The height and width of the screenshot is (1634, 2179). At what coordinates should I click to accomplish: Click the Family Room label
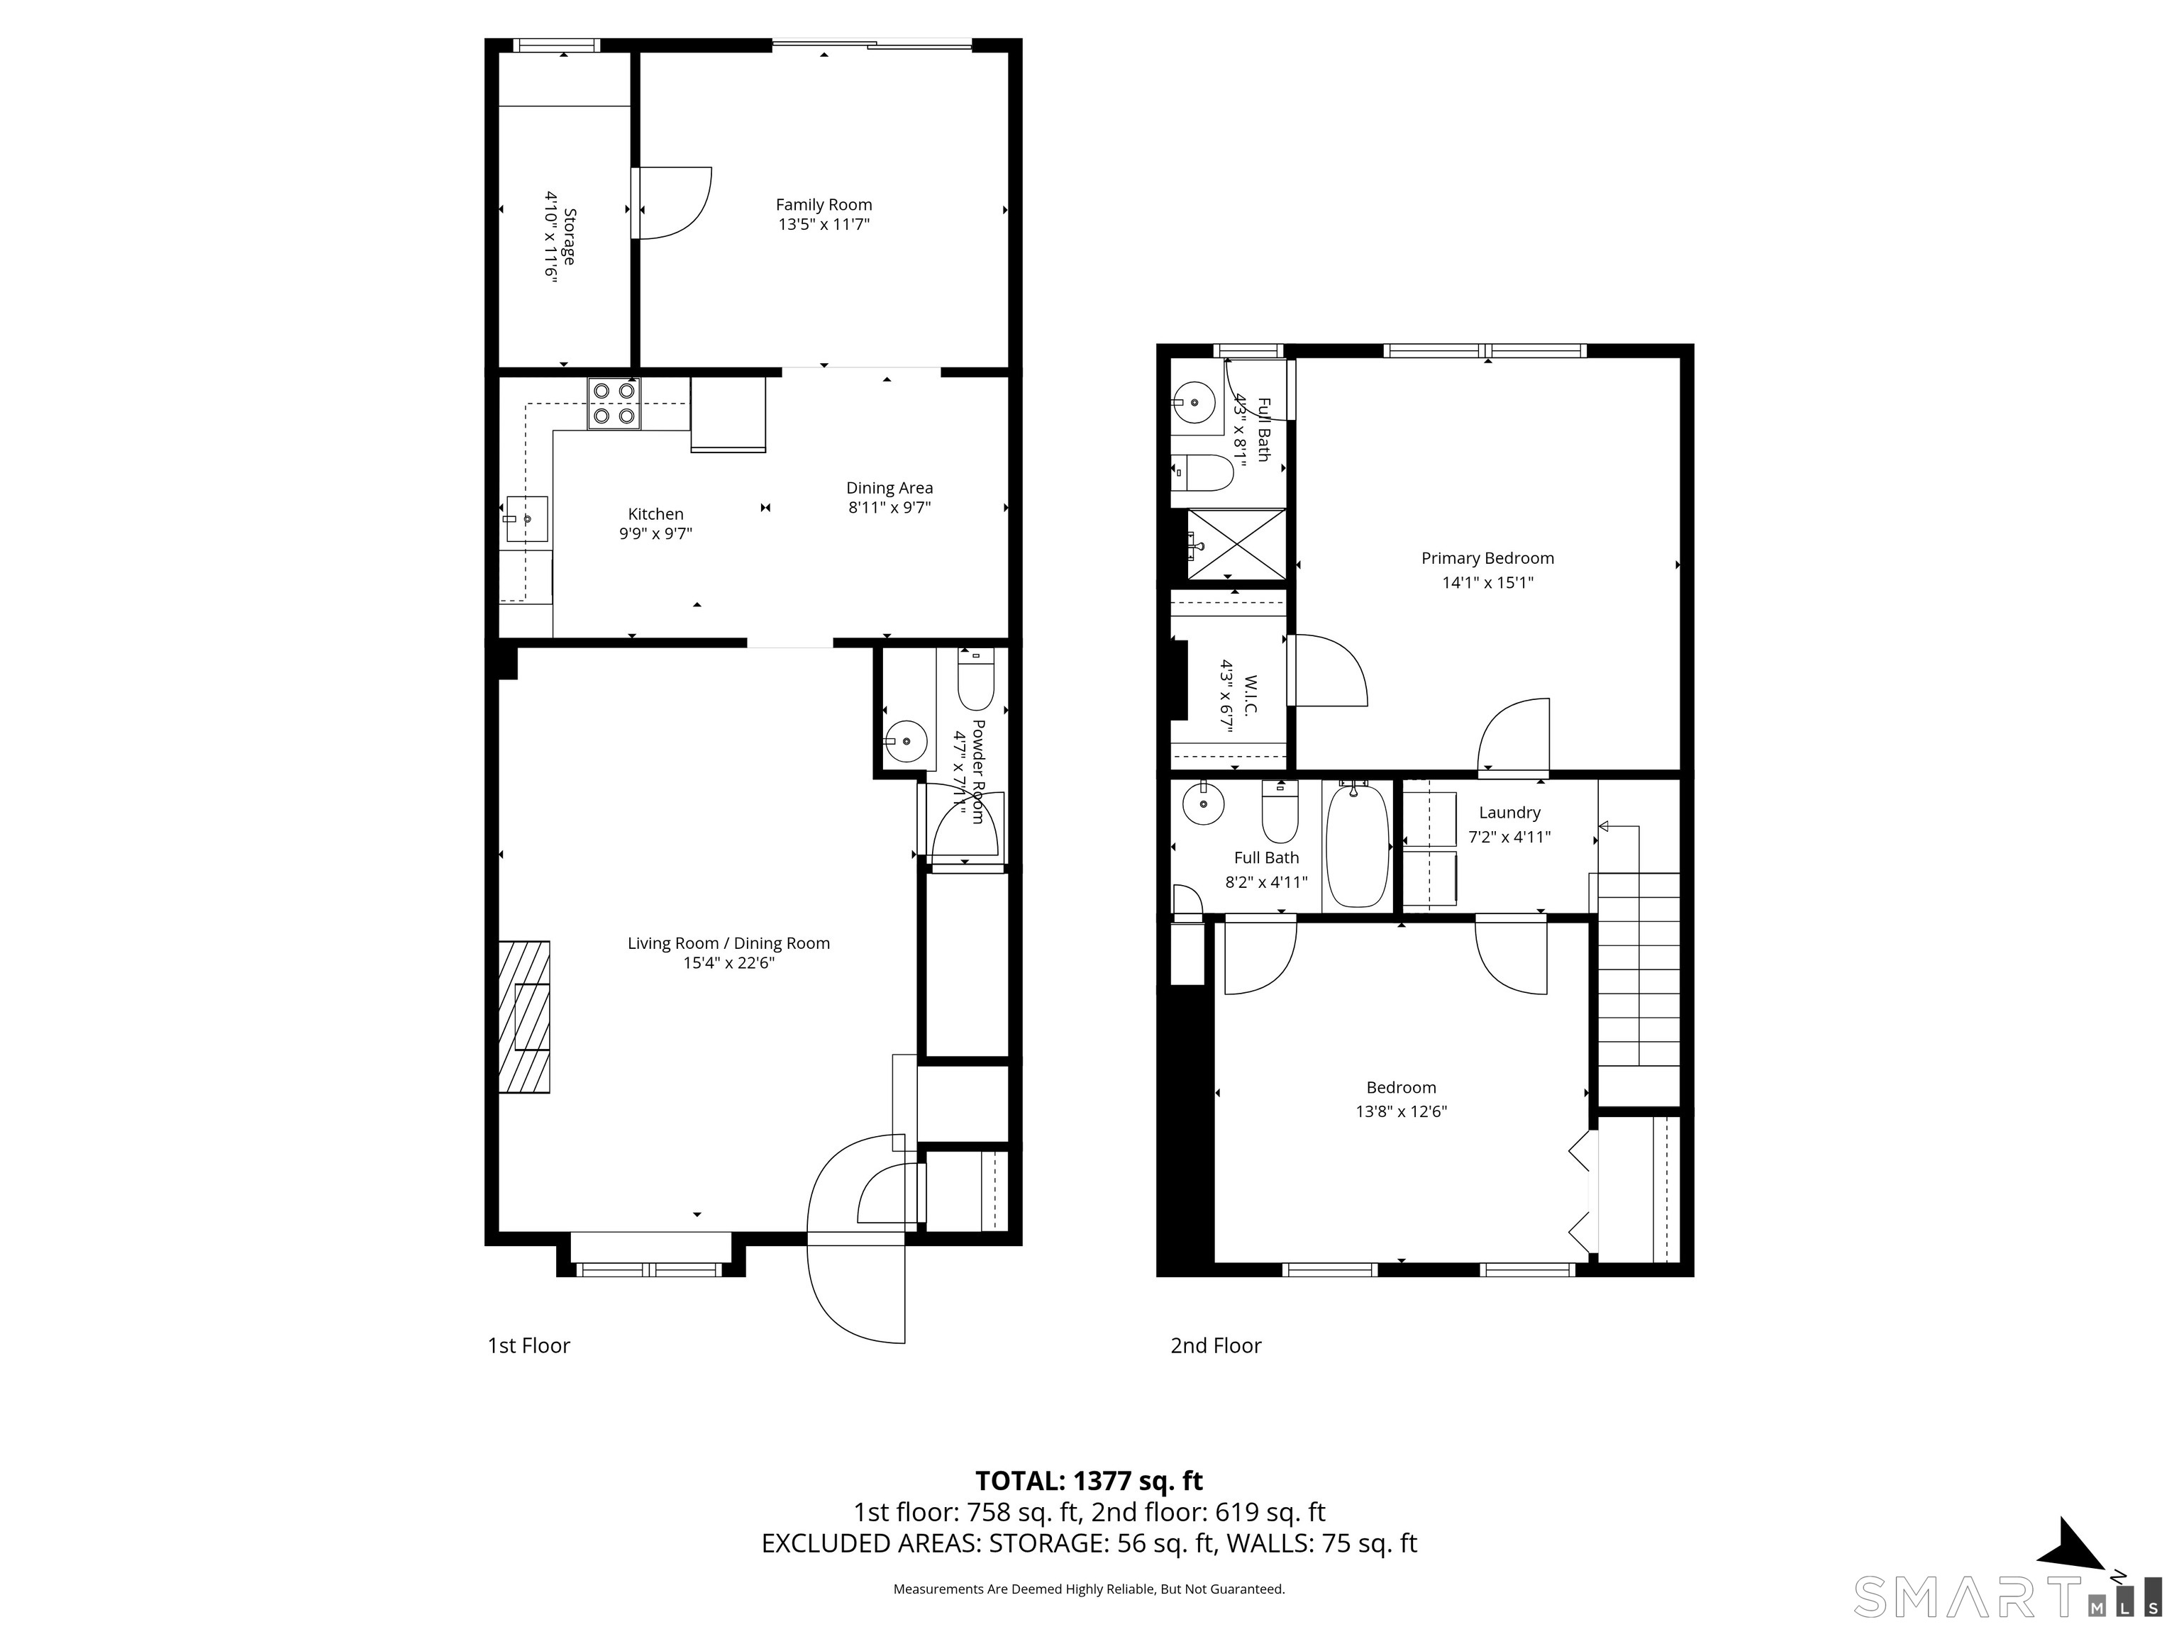coord(824,205)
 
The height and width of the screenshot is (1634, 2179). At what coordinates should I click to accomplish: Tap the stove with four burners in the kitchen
coord(614,404)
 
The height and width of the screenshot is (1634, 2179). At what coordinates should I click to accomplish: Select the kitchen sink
coord(527,519)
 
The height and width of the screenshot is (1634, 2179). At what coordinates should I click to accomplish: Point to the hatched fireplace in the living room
coord(524,1016)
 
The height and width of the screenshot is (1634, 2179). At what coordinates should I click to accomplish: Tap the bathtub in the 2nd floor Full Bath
coord(1358,844)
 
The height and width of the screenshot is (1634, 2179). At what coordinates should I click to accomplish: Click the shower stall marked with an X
coord(1236,545)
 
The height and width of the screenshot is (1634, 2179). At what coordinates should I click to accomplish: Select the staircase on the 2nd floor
coord(1637,969)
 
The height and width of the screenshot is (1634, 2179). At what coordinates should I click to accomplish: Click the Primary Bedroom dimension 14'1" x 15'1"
coord(1487,582)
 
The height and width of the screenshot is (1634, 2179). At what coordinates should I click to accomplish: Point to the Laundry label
coord(1509,813)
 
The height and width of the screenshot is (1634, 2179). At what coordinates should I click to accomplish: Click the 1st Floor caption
coord(529,1345)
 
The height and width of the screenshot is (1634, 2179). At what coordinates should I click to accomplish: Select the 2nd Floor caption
coord(1216,1345)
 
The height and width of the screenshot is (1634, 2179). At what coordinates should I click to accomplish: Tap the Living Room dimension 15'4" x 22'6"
coord(729,963)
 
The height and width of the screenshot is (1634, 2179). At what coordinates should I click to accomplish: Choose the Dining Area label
coord(889,487)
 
